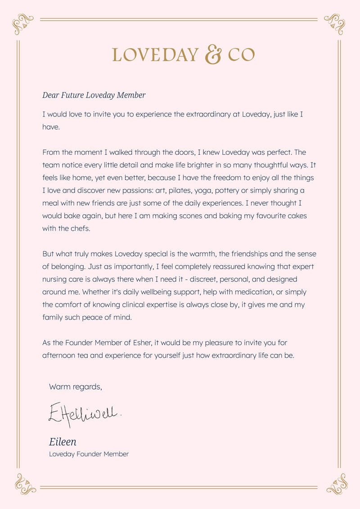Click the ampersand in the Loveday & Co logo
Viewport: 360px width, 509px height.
point(213,54)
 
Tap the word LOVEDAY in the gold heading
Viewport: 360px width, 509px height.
point(155,55)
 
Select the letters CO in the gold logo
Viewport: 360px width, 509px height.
point(241,55)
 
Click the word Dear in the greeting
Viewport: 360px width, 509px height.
point(51,95)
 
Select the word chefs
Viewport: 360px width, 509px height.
point(81,228)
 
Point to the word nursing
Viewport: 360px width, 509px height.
point(55,279)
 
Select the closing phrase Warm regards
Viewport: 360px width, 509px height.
point(76,387)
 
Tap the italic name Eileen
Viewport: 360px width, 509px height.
point(63,441)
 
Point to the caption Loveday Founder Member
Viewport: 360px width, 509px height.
point(89,454)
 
